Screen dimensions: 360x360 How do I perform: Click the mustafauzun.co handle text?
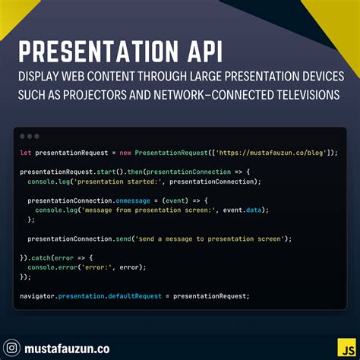67,349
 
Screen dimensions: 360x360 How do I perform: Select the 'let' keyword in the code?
25,153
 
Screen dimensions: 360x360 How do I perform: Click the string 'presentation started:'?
121,182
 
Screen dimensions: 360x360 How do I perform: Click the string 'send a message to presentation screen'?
209,238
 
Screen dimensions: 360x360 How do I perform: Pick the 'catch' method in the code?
41,257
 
